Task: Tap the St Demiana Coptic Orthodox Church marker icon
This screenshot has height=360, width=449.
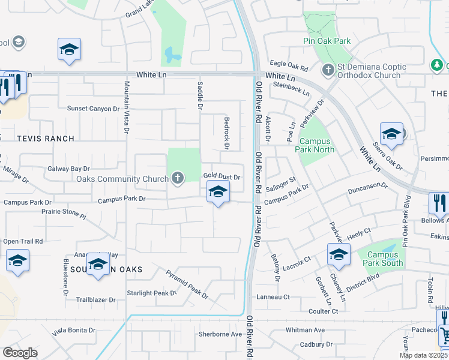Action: pyautogui.click(x=328, y=70)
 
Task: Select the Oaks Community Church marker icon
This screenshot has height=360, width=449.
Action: pyautogui.click(x=177, y=178)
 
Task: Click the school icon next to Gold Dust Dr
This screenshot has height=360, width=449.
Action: pyautogui.click(x=218, y=193)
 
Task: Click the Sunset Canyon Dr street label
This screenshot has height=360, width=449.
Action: pyautogui.click(x=93, y=109)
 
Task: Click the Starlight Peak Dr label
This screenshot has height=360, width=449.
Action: pyautogui.click(x=151, y=293)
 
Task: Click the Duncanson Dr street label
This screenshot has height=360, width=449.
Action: pyautogui.click(x=368, y=190)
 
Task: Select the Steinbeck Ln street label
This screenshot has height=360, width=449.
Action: pyautogui.click(x=291, y=89)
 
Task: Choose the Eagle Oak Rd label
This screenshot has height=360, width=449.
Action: pyautogui.click(x=288, y=62)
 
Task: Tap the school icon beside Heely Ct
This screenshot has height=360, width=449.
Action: pyautogui.click(x=339, y=255)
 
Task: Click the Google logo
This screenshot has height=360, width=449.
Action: pyautogui.click(x=20, y=353)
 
